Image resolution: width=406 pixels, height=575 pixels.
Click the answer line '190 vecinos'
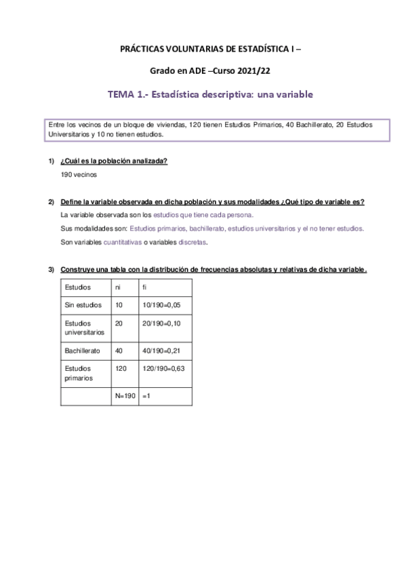(79, 174)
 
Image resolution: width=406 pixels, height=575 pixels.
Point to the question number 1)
(51, 161)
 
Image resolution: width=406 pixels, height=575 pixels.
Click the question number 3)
(51, 269)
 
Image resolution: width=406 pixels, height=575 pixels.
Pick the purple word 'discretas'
(192, 242)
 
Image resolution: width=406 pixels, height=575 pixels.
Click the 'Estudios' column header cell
(77, 287)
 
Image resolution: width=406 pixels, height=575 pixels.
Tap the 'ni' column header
(119, 287)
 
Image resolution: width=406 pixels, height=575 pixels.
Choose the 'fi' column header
(144, 287)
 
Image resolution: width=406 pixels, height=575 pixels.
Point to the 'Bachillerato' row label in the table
(83, 351)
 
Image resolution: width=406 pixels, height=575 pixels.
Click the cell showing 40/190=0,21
(162, 351)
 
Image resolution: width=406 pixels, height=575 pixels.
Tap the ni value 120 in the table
(123, 368)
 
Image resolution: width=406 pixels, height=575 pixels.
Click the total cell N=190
(125, 397)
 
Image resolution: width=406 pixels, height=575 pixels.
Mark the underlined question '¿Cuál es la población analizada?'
(114, 161)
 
